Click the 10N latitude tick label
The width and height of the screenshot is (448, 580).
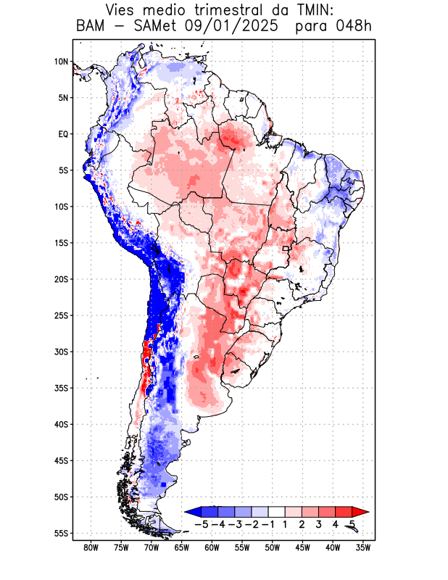61,62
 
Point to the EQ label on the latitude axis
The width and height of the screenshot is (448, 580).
62,134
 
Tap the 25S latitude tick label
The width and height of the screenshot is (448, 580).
60,315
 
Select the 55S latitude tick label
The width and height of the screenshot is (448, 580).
60,533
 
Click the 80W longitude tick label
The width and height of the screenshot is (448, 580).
91,547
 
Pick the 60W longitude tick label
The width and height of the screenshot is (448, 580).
212,547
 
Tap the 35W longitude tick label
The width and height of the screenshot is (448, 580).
363,547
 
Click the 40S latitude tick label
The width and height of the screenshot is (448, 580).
60,424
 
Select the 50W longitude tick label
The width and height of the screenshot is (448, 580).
272,547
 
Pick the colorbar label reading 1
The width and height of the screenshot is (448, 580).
286,523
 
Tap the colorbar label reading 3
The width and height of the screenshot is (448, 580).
319,523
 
